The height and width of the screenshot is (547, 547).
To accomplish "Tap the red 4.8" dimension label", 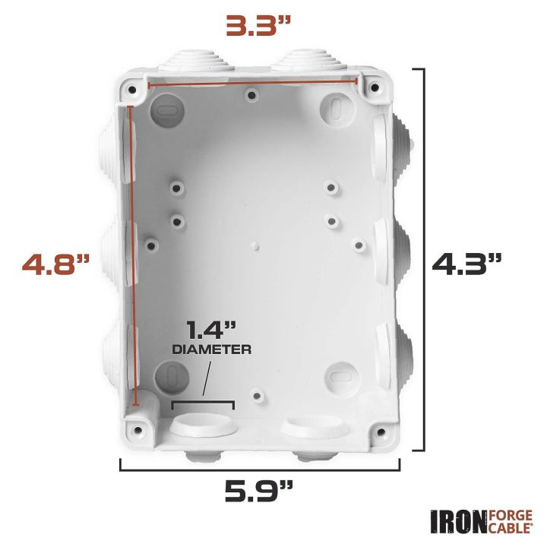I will [x=55, y=265].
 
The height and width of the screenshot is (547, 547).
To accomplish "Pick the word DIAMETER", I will [x=212, y=350].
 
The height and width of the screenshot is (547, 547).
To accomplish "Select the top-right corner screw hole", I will [x=374, y=89].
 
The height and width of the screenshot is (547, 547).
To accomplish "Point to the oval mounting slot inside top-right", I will [x=337, y=107].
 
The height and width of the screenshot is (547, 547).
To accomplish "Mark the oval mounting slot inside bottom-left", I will [x=172, y=376].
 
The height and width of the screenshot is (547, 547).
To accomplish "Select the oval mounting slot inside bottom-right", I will [x=340, y=375].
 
